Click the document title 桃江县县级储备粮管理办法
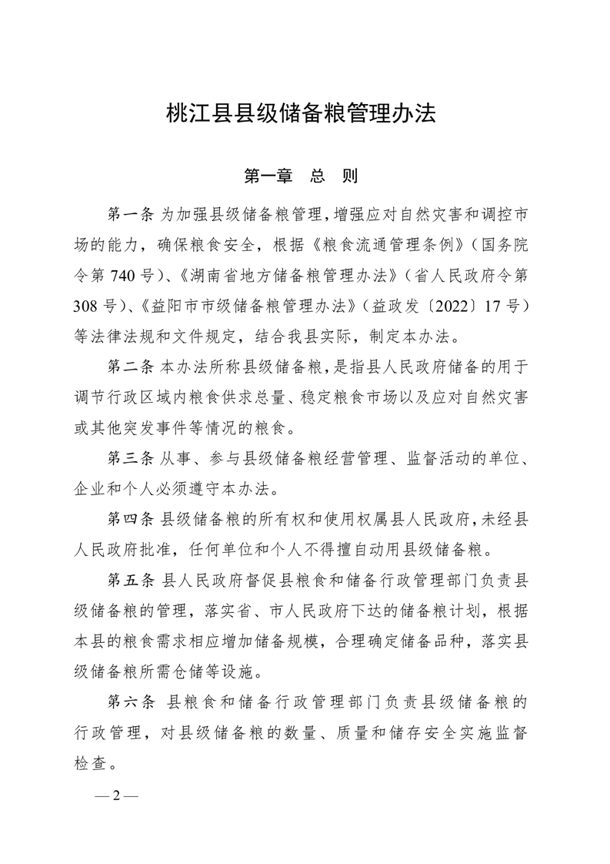302,114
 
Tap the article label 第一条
132,212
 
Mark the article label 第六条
132,703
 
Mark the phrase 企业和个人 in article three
118,491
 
